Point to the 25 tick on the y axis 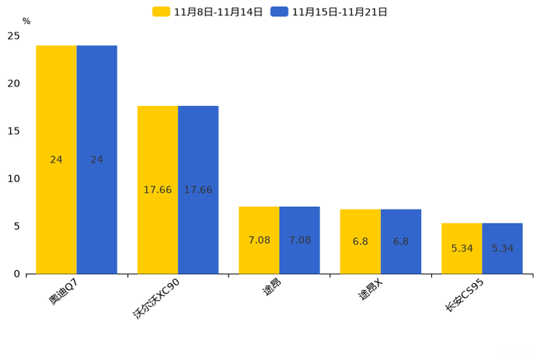tap(13, 36)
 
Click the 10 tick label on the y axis tap(13, 179)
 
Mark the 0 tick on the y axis tap(16, 274)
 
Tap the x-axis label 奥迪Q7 tap(63, 290)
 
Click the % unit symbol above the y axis tap(26, 21)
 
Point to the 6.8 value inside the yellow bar tap(360, 242)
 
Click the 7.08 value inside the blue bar tap(300, 240)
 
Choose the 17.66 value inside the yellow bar tap(157, 190)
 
